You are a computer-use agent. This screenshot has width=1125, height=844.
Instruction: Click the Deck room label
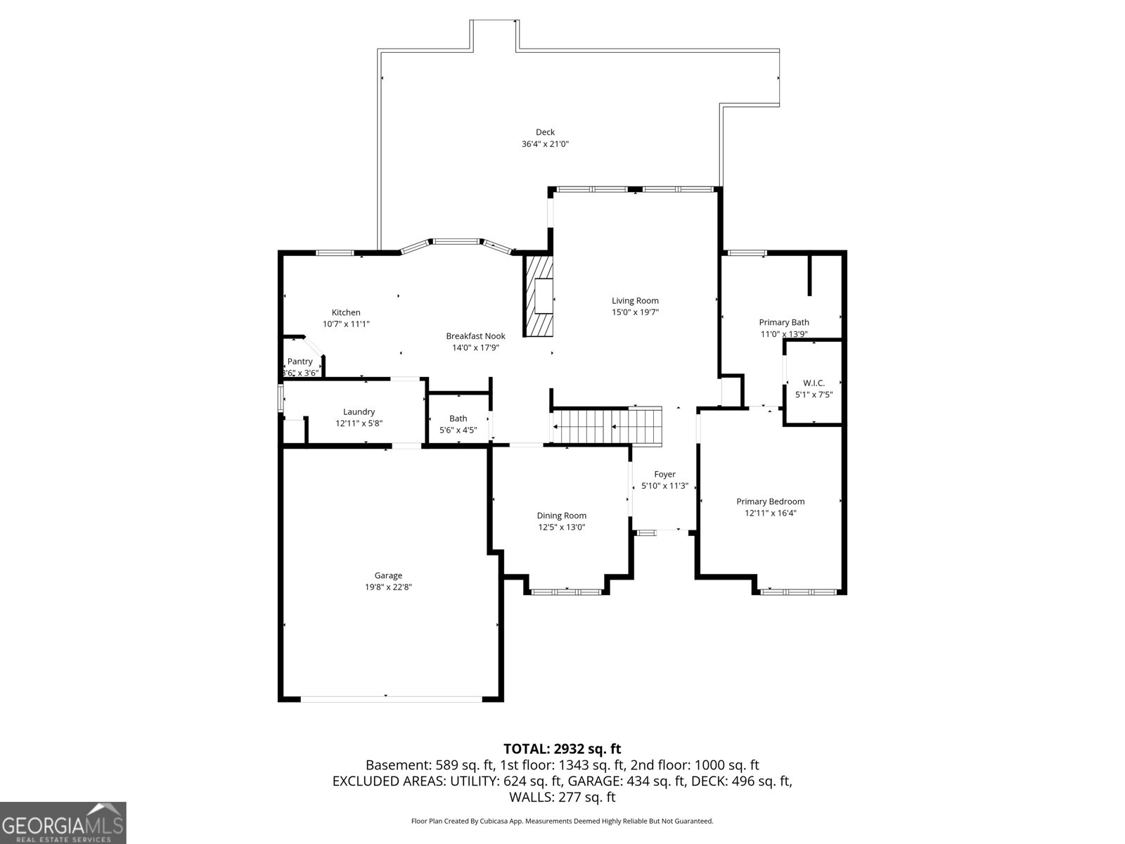[545, 132]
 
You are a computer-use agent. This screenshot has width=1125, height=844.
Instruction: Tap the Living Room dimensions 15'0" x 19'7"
[635, 312]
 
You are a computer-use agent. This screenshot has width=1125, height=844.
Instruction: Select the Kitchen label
[346, 312]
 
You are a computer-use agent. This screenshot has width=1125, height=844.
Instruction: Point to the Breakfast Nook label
[475, 336]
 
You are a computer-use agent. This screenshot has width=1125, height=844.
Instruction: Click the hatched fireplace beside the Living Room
[538, 296]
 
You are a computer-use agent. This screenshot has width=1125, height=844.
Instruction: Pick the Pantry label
[300, 362]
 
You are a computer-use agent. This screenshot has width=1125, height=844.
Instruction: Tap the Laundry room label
[359, 411]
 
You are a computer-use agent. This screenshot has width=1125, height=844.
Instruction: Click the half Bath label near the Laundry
[458, 418]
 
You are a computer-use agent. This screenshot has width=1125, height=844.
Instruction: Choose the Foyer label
[664, 474]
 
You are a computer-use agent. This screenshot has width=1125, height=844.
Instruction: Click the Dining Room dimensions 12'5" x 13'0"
[562, 527]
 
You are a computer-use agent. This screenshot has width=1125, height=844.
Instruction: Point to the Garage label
[388, 575]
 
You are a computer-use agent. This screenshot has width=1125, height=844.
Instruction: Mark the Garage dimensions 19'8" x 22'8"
[388, 587]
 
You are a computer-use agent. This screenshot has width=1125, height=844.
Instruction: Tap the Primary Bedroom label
[771, 501]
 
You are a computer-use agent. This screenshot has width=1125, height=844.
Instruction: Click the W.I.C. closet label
[814, 383]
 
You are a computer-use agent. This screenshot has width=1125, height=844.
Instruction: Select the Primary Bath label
[784, 322]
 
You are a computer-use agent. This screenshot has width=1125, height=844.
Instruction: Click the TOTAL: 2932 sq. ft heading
[562, 748]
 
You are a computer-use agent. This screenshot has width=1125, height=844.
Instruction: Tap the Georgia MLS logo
[63, 822]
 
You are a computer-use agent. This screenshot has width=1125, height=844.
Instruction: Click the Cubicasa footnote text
[562, 821]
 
